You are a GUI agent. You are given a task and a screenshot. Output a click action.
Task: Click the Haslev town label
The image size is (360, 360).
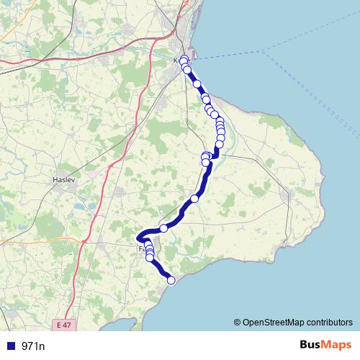click(x=65, y=179)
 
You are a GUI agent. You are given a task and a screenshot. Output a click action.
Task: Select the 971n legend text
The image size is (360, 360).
click(x=33, y=346)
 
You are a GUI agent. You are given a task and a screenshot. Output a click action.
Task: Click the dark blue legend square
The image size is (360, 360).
click(x=10, y=346)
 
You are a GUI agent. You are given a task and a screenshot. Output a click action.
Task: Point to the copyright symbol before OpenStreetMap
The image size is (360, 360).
click(x=238, y=323)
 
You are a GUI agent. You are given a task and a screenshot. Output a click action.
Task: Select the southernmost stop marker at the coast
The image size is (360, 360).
click(x=171, y=281)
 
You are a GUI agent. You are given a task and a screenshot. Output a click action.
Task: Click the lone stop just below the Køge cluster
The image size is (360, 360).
click(x=197, y=84)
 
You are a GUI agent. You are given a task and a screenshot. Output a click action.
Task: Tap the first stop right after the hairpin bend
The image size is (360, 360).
click(x=163, y=228)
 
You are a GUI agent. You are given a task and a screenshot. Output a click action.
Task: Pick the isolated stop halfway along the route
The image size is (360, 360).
click(x=194, y=199)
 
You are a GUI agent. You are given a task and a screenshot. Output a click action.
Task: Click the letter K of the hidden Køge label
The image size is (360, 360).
click(x=177, y=61)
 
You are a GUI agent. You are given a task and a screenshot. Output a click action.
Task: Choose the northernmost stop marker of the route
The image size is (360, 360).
click(x=184, y=58)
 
